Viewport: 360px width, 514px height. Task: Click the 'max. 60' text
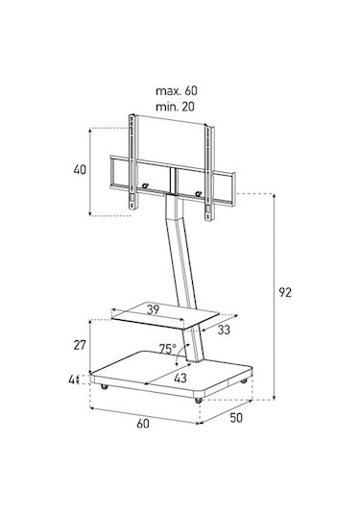click(x=177, y=91)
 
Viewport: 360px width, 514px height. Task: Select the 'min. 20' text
click(x=175, y=107)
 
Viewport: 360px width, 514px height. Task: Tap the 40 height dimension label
click(x=80, y=170)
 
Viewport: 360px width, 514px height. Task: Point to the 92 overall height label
click(x=285, y=292)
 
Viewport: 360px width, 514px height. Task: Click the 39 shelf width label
click(x=153, y=309)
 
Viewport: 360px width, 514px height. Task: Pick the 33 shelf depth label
click(x=224, y=330)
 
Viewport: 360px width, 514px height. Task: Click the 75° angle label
click(x=168, y=349)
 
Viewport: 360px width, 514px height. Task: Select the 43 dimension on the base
click(x=180, y=378)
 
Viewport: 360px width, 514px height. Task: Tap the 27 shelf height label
click(x=80, y=345)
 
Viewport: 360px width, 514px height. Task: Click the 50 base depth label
click(x=236, y=418)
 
